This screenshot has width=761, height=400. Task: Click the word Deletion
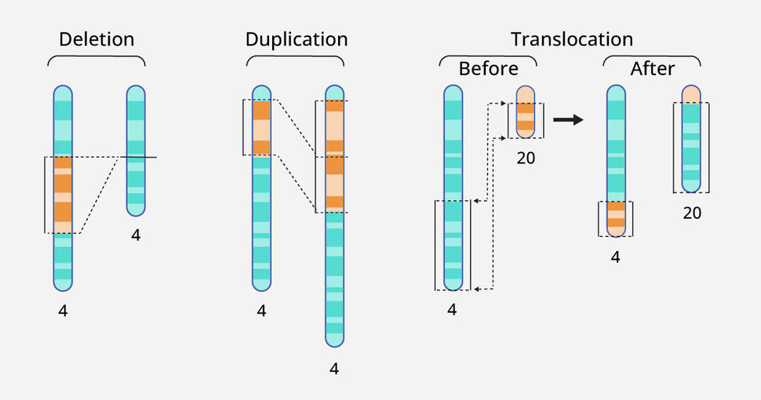coord(96,39)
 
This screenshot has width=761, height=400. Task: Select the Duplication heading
coord(296,39)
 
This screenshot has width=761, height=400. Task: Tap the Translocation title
coord(571,39)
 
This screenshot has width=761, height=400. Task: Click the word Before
coord(488,69)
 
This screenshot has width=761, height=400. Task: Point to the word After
coord(652,69)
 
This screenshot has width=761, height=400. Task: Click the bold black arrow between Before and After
coord(568,120)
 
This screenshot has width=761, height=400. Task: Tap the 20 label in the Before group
coord(526,158)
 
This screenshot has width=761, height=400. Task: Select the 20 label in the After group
coord(691,213)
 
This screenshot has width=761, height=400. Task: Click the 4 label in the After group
coord(616,256)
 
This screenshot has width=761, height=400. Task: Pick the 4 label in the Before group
coord(452,310)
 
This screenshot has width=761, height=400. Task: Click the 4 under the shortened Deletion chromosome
coord(136,235)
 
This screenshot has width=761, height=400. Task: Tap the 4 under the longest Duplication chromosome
coord(334,368)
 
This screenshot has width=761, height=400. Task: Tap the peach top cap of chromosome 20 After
coord(690,95)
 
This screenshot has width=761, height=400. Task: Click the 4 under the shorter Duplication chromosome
coord(261,311)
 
